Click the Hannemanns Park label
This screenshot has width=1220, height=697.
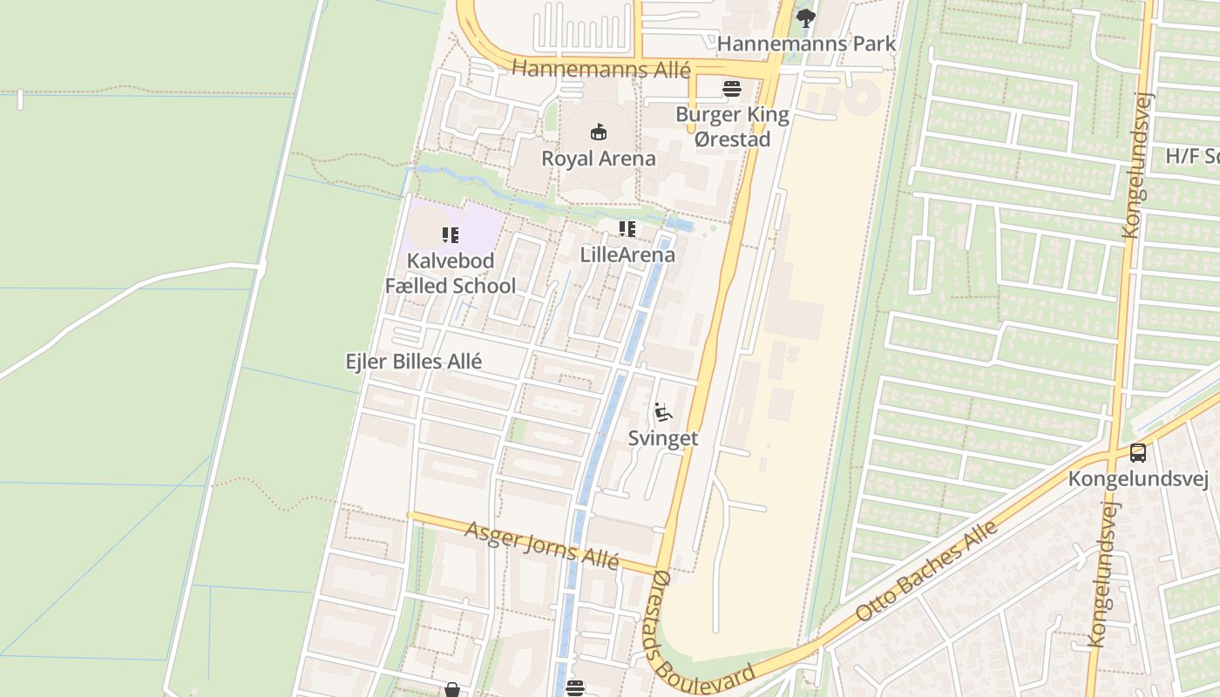pos(806,43)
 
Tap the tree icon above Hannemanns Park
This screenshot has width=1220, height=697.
pos(806,17)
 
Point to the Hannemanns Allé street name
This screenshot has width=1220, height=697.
pos(600,69)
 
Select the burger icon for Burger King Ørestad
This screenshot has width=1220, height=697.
pos(732,88)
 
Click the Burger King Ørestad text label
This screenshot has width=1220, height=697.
pos(733,127)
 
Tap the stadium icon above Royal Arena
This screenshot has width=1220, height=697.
pos(599,132)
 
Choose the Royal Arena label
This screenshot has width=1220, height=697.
pos(599,159)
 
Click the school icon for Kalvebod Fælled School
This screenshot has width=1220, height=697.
pos(450,234)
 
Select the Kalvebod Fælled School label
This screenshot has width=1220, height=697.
pos(451,273)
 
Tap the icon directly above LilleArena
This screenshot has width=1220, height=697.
pos(627,229)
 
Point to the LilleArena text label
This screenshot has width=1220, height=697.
pos(627,254)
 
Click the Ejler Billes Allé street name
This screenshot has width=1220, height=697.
pos(414,361)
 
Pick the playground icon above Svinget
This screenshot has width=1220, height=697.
pos(663,411)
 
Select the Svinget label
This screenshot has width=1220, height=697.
pos(663,438)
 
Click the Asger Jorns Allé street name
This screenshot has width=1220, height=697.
pos(541,546)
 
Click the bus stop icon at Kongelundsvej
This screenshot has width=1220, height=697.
pos(1138,453)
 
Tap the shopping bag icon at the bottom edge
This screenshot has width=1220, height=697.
pos(452,690)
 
